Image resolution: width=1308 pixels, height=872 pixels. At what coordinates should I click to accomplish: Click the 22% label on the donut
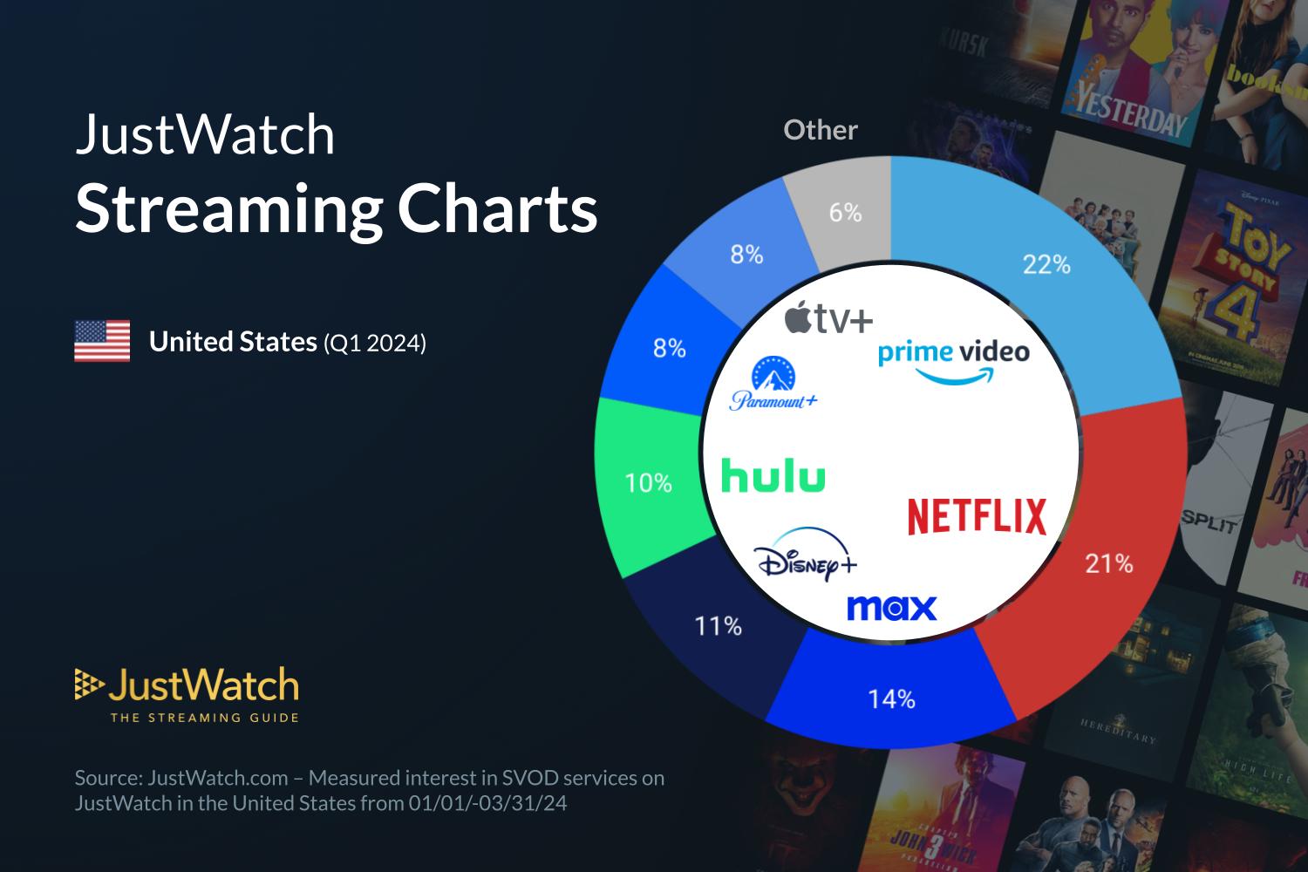click(x=1046, y=264)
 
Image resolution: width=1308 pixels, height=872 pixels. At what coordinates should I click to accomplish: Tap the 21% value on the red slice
click(x=1108, y=564)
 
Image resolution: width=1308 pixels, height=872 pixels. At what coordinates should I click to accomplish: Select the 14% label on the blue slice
click(x=891, y=699)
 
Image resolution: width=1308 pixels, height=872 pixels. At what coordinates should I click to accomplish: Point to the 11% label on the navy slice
click(x=718, y=626)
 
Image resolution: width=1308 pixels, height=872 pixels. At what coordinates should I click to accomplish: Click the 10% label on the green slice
click(x=648, y=483)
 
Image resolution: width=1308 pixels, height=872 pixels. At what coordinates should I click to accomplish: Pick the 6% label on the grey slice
click(x=845, y=213)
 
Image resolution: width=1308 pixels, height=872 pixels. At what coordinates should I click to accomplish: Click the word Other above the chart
click(x=820, y=130)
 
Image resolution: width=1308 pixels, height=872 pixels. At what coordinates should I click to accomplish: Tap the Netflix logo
click(x=976, y=516)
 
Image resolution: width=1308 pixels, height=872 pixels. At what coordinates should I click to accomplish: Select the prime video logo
click(x=953, y=361)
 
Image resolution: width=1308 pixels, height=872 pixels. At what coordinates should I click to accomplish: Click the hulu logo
click(x=773, y=477)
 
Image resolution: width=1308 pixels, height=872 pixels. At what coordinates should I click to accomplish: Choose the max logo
click(x=891, y=607)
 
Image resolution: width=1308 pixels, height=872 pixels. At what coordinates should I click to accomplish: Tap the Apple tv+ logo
click(x=828, y=320)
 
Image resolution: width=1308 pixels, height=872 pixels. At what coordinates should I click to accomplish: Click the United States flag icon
click(x=102, y=341)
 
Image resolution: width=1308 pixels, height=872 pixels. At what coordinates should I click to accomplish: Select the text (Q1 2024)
click(x=374, y=343)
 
